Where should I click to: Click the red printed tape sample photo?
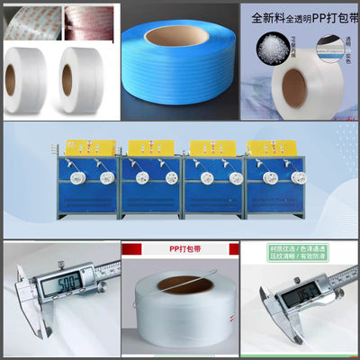[87, 21]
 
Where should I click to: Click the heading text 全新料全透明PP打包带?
[301, 15]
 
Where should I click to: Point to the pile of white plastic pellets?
[271, 50]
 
